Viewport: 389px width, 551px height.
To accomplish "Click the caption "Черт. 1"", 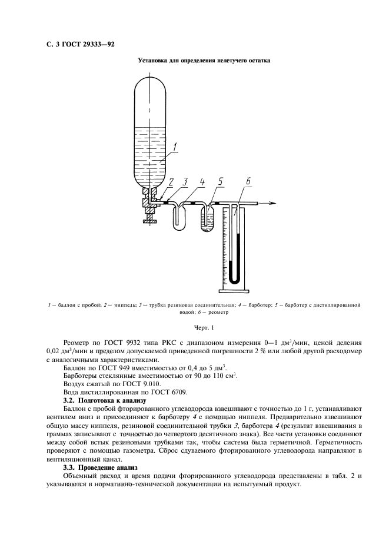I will (x=204, y=327).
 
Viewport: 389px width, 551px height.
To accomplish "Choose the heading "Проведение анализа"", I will (x=107, y=467).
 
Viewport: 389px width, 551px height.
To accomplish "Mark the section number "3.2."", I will (x=69, y=400).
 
